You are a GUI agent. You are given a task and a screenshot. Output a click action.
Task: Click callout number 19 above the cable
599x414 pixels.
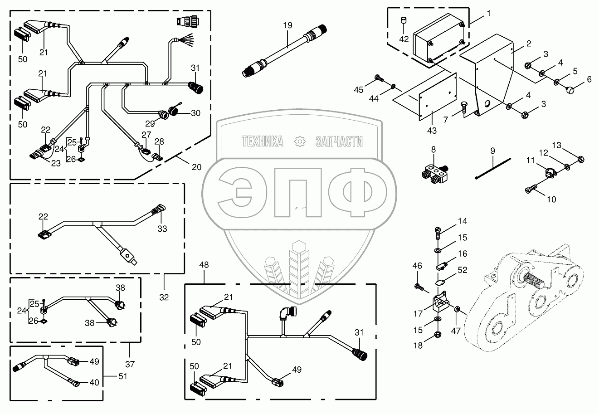tap(288, 25)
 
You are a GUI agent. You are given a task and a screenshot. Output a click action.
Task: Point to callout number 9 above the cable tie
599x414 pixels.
tap(492, 150)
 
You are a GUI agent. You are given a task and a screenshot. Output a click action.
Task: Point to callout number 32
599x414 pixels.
tap(164, 297)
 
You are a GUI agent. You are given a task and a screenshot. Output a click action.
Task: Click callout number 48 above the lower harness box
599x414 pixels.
tap(203, 264)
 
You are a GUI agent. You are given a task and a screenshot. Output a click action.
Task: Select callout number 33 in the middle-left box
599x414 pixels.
tap(162, 229)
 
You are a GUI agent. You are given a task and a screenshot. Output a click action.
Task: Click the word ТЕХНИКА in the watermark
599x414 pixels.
tap(263, 142)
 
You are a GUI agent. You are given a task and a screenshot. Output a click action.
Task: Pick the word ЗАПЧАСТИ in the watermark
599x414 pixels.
tap(339, 142)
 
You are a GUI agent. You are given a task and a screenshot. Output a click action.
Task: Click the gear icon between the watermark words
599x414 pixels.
tap(299, 142)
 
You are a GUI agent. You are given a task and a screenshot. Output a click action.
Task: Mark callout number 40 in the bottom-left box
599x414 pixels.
tap(94, 382)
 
